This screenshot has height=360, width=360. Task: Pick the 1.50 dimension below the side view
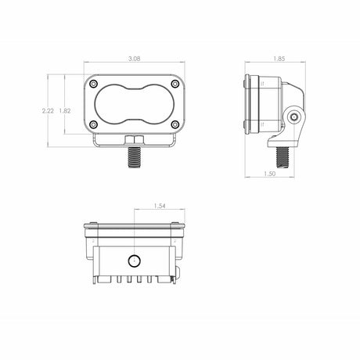coord(269,174)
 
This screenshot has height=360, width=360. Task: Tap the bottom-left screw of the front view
coord(95,125)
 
